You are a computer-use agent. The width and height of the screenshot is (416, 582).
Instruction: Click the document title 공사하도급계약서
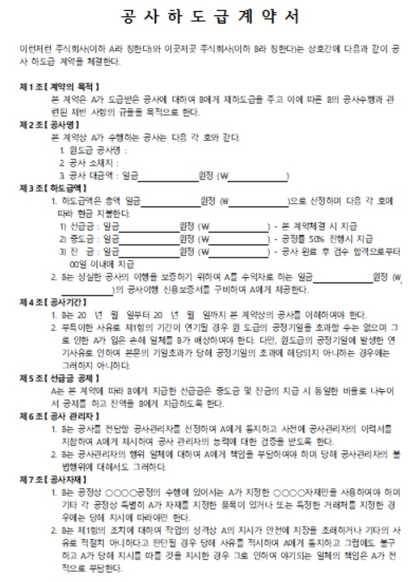click(x=208, y=16)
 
